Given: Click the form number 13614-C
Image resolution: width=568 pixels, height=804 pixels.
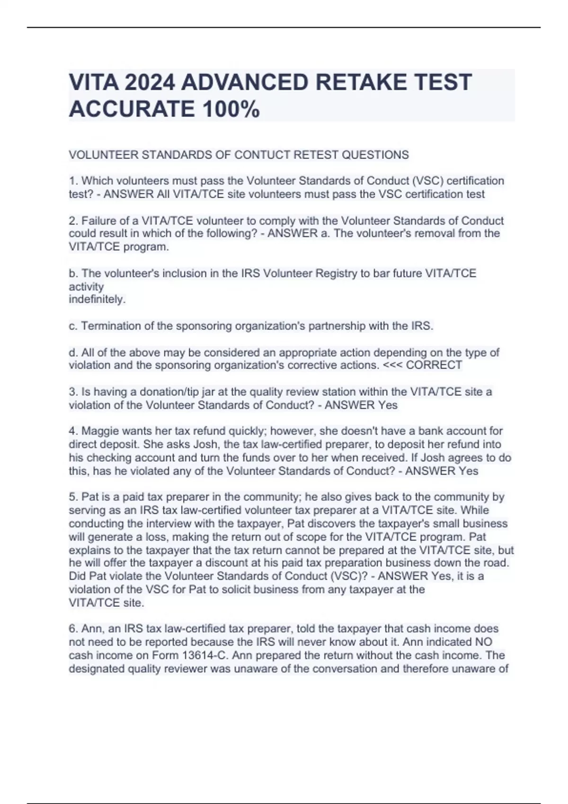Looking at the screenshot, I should tap(204, 655).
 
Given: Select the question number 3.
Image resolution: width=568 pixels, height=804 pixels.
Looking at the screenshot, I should tap(72, 392).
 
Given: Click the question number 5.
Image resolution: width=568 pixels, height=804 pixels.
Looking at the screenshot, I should tap(72, 497).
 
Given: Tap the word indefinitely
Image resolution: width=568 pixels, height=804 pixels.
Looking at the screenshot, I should tap(97, 299).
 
